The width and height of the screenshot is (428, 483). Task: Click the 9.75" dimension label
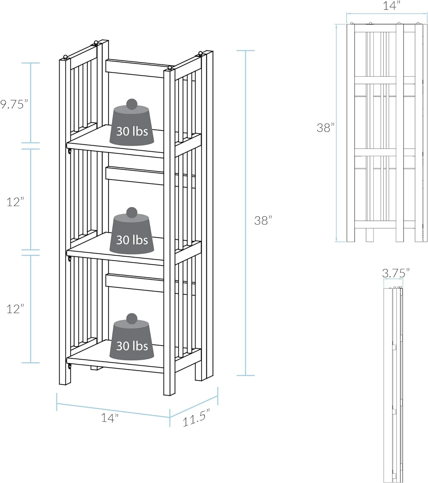[x=14, y=104]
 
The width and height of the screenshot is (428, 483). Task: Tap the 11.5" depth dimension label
[x=196, y=418]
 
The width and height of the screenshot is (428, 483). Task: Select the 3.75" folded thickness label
[x=395, y=273]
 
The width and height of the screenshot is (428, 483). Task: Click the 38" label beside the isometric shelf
[x=263, y=221]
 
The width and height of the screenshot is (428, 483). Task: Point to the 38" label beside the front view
[x=325, y=128]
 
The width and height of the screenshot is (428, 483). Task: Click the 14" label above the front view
[x=391, y=6]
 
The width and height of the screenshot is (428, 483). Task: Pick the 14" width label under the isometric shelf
[x=110, y=418]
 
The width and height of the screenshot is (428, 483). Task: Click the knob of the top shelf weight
[x=132, y=104]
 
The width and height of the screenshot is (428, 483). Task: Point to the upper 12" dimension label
[x=15, y=202]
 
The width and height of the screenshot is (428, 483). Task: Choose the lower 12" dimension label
[x=15, y=309]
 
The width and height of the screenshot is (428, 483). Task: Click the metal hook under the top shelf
[x=69, y=151]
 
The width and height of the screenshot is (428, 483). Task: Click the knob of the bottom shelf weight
[x=132, y=318]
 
